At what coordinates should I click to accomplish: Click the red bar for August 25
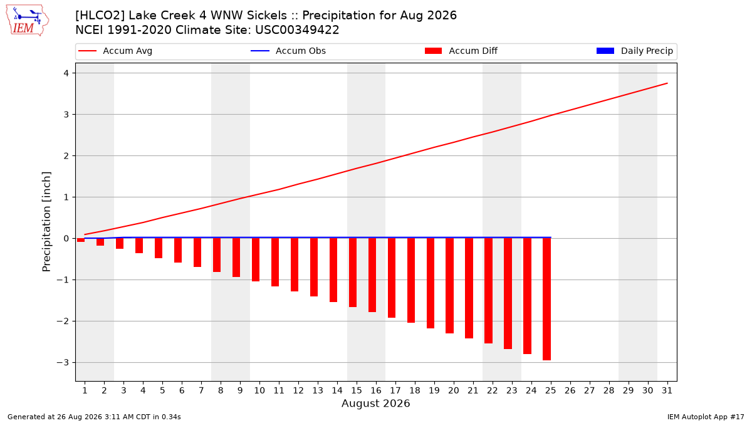coord(546,299)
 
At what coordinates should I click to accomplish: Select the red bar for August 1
coord(81,240)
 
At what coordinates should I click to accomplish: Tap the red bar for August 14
coord(333,270)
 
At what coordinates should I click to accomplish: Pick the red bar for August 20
coord(449,286)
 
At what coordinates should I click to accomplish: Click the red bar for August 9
coord(236,258)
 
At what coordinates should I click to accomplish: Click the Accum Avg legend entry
coord(115,51)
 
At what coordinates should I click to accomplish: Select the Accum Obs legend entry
coord(288,51)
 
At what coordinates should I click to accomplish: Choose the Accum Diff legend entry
coord(461,51)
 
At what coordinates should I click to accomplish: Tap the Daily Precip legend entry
coord(634,51)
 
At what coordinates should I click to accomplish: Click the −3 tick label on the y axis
coord(63,363)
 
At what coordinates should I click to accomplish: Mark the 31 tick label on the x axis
coord(667,390)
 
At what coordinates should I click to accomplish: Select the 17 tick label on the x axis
coord(395,390)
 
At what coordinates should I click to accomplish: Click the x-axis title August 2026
coord(375,403)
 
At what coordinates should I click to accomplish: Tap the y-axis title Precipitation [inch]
coord(46,222)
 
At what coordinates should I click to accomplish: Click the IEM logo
coord(27,21)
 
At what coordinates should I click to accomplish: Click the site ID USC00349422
coord(297,30)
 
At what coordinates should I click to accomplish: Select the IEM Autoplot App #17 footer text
coord(706,417)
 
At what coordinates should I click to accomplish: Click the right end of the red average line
coord(667,83)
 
